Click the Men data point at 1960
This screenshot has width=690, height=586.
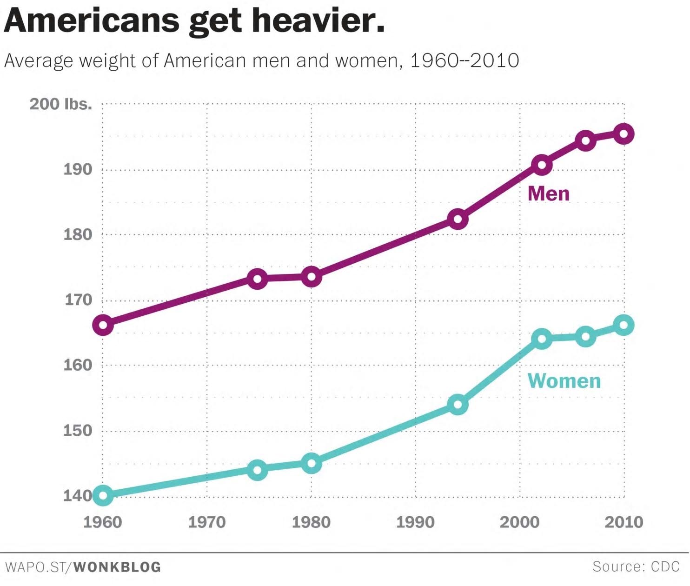click(x=103, y=325)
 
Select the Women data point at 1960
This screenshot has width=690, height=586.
click(x=103, y=495)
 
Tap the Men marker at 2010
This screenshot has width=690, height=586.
click(x=624, y=134)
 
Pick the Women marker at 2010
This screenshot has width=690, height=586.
click(x=624, y=325)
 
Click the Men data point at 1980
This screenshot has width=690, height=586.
click(x=311, y=277)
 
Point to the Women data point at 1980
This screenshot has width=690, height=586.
click(x=311, y=463)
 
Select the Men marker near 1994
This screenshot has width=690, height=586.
click(x=458, y=219)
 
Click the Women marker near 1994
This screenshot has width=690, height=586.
click(x=458, y=405)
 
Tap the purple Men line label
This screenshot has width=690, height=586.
click(x=548, y=193)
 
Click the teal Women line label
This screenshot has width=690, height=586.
click(x=564, y=381)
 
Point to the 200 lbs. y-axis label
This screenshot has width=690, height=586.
click(x=61, y=104)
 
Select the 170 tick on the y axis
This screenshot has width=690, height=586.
click(x=78, y=300)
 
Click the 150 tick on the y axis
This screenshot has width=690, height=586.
click(x=78, y=430)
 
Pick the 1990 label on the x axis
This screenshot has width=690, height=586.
click(x=415, y=522)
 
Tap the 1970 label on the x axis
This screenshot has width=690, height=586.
click(x=207, y=522)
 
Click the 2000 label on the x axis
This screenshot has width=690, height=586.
click(x=519, y=522)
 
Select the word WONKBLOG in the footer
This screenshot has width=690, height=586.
click(x=117, y=567)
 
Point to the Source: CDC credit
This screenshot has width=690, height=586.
click(x=636, y=566)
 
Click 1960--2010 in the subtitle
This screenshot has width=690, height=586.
click(x=464, y=61)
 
